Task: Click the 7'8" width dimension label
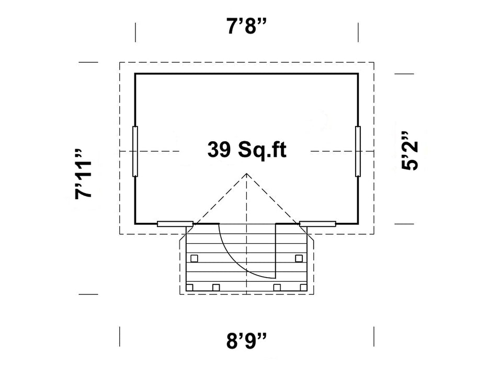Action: (247, 27)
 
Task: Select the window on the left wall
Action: (135, 151)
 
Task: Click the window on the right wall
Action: (358, 151)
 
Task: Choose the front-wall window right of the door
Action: (317, 224)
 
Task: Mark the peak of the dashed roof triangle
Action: (246, 174)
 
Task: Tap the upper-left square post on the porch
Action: (194, 258)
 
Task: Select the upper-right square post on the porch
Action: (299, 258)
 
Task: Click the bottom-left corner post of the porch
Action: (190, 287)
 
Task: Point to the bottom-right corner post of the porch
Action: (303, 287)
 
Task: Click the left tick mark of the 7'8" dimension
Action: (136, 32)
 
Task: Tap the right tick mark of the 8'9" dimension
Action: (373, 336)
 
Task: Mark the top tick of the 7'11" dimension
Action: (88, 62)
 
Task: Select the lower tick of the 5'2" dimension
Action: (404, 224)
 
